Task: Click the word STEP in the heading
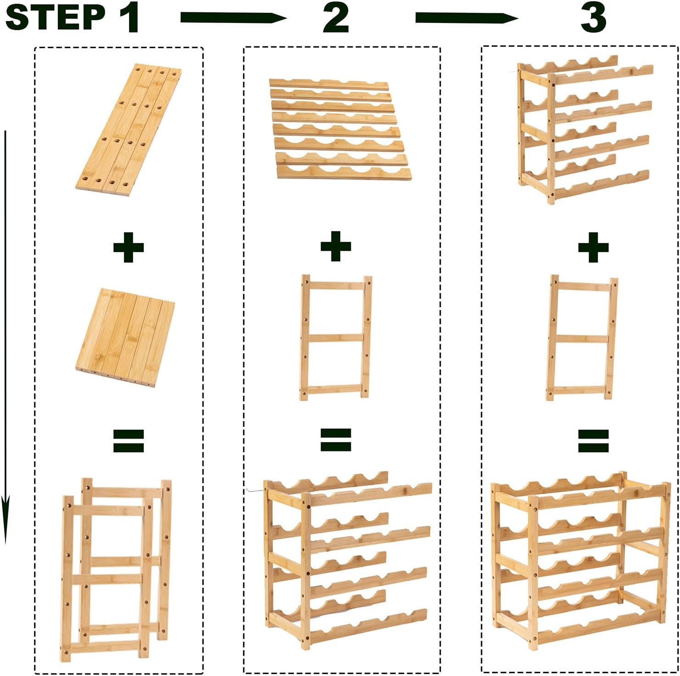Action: click(56, 17)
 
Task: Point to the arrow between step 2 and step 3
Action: click(467, 18)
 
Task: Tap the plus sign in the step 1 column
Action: click(129, 247)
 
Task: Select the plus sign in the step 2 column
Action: click(336, 246)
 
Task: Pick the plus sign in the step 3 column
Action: click(593, 247)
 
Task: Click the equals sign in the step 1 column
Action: click(129, 441)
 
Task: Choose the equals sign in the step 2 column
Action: click(336, 440)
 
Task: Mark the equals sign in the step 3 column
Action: click(593, 441)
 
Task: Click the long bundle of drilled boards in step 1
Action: click(128, 130)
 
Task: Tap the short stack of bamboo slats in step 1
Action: click(125, 338)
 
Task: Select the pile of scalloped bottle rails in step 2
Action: click(340, 129)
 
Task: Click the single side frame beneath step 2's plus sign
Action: click(335, 338)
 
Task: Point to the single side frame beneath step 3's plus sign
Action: click(582, 338)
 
